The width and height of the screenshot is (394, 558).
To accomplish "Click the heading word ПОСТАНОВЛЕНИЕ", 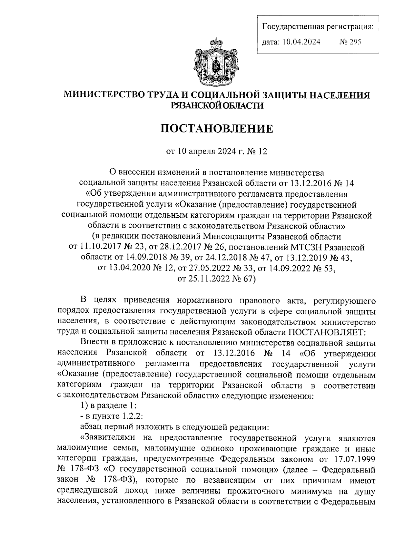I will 217,128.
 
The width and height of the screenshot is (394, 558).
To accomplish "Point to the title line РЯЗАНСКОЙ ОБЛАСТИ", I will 217,105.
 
